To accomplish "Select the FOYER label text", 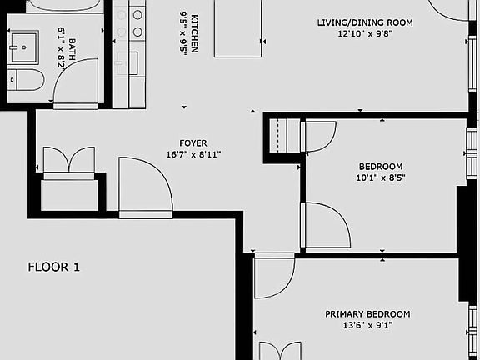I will [193, 142].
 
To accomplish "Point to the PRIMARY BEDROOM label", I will [367, 314].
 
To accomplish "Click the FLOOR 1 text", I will [54, 267].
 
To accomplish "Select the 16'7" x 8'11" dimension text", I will [193, 154].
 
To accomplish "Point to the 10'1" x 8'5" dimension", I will [368, 177].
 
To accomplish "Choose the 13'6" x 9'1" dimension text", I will [367, 326].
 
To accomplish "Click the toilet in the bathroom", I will [27, 80].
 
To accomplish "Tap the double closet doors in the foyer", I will [68, 160].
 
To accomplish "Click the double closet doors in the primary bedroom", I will [280, 351].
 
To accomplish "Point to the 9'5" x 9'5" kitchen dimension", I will [182, 32].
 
